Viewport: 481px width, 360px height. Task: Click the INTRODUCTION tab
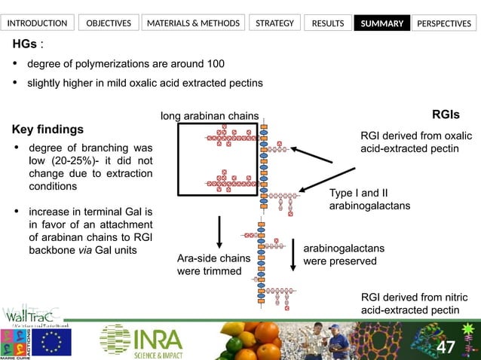click(x=37, y=23)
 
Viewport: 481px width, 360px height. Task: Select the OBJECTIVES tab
click(x=109, y=23)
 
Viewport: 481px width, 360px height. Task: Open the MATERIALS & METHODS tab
click(x=194, y=23)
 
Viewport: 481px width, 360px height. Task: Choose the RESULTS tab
click(x=328, y=23)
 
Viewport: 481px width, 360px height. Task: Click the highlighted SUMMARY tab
click(x=382, y=23)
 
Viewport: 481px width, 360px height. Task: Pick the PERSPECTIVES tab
click(x=444, y=23)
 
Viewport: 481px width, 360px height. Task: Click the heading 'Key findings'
click(x=48, y=129)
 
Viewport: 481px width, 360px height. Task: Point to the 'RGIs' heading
click(x=445, y=114)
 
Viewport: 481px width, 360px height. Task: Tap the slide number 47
click(x=446, y=347)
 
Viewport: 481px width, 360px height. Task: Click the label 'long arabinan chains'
click(x=210, y=115)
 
